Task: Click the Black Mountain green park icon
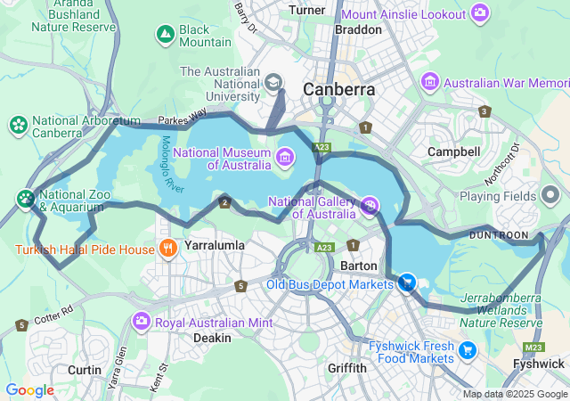point(165,35)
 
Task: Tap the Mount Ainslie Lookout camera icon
point(481,12)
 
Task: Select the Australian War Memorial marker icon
point(430,83)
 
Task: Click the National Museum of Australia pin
point(285,158)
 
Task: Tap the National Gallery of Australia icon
point(370,206)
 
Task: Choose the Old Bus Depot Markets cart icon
point(407,283)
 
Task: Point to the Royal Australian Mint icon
point(142,321)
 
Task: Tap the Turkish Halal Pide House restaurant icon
point(166,248)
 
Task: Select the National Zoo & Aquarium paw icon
point(26,198)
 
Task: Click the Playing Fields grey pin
point(551,195)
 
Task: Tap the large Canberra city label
point(338,90)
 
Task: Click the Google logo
point(29,389)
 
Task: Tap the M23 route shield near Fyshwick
point(533,347)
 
